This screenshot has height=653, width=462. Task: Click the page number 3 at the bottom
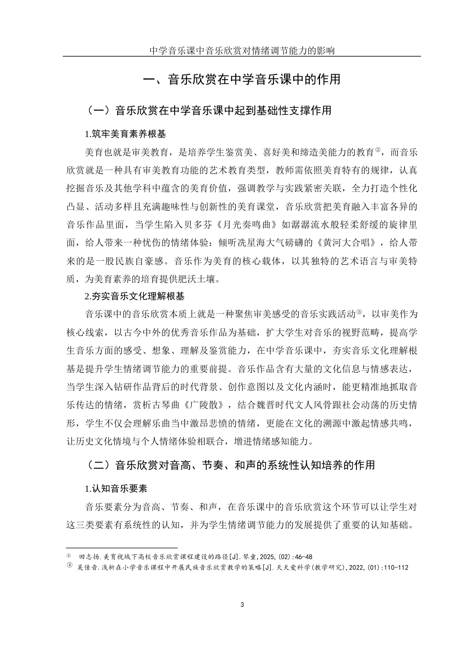point(242,604)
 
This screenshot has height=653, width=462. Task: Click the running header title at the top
point(242,50)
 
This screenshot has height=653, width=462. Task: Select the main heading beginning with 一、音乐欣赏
point(242,80)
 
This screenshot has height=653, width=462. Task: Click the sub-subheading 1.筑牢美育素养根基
point(125,134)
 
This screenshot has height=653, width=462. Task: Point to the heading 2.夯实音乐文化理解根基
point(134,295)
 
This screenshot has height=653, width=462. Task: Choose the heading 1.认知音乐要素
point(116,488)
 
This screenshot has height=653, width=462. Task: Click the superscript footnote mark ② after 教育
point(377,150)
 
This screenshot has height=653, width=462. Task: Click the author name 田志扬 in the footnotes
point(88,556)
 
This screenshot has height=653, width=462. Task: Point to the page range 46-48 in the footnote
point(303,556)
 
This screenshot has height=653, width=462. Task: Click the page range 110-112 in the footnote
point(395,567)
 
